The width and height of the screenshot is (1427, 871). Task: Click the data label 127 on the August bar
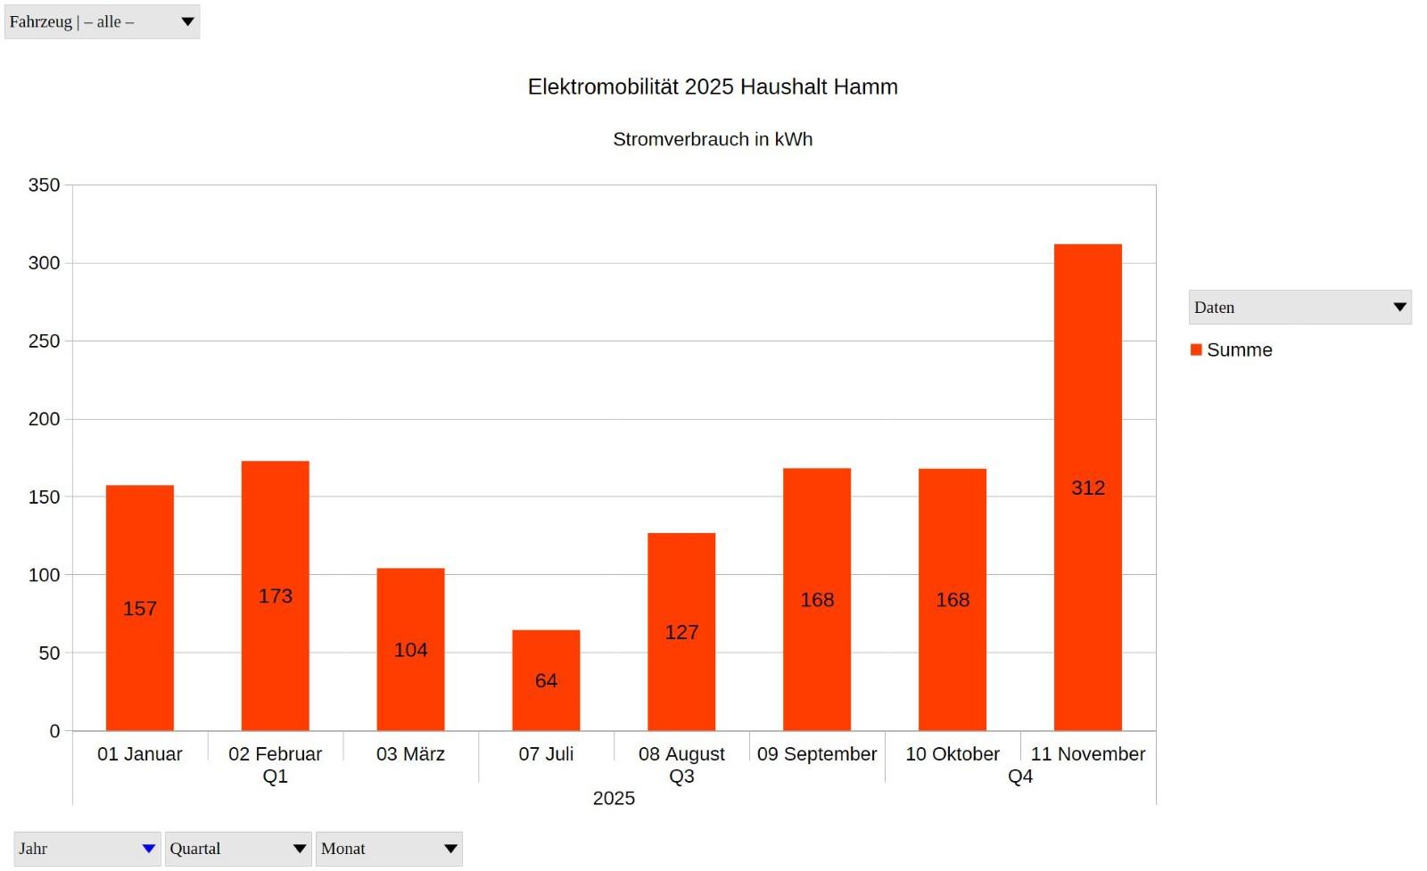coord(681,632)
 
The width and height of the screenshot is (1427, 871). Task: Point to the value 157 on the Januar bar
coord(140,609)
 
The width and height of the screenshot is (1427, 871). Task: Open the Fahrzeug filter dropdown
coord(102,21)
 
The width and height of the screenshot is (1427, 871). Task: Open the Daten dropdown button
coord(1299,308)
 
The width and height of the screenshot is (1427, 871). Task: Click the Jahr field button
coord(87,849)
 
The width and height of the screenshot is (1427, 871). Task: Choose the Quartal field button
coord(237,849)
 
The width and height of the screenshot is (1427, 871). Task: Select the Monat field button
coord(389,849)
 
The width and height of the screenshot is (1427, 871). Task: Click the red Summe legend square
coord(1196,349)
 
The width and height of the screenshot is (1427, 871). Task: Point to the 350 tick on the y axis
coord(44,185)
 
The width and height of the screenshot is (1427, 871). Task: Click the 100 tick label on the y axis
coord(44,575)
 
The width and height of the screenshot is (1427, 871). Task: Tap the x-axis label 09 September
coord(817,754)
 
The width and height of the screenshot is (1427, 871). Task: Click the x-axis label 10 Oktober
coord(953,754)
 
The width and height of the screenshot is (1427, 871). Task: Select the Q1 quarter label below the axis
coord(275,777)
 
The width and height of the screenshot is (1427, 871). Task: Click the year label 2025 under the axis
coord(614,799)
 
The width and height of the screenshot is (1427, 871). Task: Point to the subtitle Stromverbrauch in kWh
coord(713,139)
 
